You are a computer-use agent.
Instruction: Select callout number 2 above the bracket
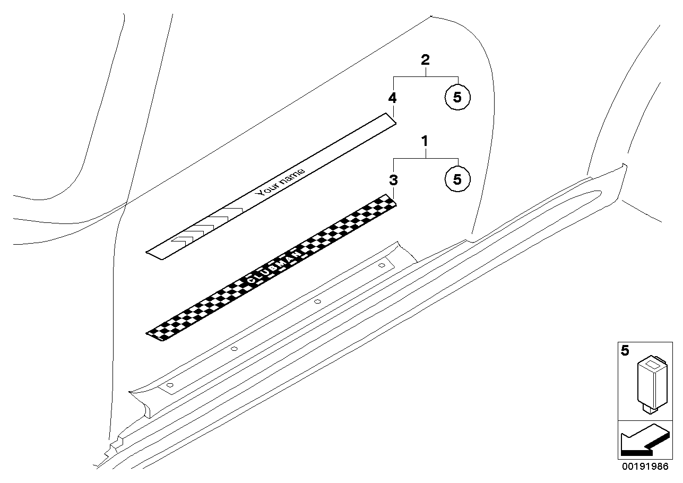pos(425,59)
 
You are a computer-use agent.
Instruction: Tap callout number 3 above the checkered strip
pos(393,180)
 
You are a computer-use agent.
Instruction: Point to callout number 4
pos(392,98)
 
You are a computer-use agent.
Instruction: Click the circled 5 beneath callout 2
pos(457,97)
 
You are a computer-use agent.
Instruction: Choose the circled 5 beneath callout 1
pos(457,179)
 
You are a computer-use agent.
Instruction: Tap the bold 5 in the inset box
pos(625,351)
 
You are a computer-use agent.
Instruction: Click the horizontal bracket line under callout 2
pos(425,76)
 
